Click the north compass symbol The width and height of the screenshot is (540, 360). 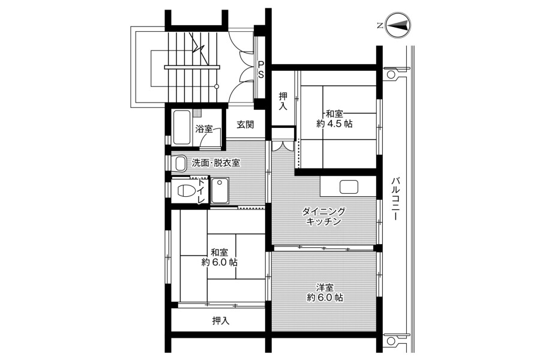[398, 25]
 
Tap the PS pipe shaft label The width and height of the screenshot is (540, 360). [261, 69]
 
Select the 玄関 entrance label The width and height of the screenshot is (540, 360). [245, 124]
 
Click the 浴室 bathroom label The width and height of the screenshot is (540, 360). [203, 129]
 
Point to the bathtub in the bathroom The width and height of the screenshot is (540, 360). [182, 127]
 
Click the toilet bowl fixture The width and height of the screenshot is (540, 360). [185, 191]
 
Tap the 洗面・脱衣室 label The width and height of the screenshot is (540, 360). [216, 163]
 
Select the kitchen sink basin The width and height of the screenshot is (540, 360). [349, 187]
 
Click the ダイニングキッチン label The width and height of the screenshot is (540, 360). [323, 217]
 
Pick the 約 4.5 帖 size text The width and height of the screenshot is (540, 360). [334, 124]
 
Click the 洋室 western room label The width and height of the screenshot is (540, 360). [325, 287]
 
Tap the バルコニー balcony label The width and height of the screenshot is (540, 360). [395, 199]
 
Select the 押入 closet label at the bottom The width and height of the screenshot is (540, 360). [221, 321]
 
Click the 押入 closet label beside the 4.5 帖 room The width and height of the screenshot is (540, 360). [283, 101]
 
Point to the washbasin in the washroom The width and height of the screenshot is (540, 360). [180, 163]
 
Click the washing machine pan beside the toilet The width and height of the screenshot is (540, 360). [220, 191]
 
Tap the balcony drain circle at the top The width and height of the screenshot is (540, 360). [391, 74]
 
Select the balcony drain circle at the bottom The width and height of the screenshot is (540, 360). [391, 341]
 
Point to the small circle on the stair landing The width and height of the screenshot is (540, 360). [217, 86]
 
